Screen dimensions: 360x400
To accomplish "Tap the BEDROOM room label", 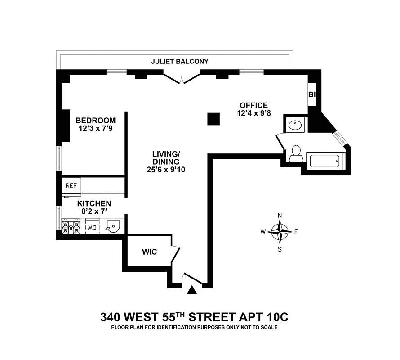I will (x=95, y=121).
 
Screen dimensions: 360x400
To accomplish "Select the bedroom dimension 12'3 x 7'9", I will (x=95, y=129).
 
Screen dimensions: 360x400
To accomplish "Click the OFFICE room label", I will (x=253, y=105).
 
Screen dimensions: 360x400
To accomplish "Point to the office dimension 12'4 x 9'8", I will (x=253, y=113).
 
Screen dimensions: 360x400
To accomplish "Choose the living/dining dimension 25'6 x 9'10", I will (x=165, y=170).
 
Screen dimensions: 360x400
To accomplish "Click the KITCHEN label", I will (x=94, y=204).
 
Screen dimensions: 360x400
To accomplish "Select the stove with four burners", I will (x=71, y=226).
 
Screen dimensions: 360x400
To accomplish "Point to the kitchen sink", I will (x=112, y=227).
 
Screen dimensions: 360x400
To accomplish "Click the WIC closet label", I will (x=149, y=252).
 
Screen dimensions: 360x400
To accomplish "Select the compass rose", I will (x=280, y=232).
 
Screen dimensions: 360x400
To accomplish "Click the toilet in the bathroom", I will (x=295, y=153).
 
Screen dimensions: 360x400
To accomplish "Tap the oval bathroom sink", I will (x=295, y=125).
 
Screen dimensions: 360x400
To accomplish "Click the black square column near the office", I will (x=213, y=119).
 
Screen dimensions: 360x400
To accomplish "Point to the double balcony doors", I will (x=182, y=79).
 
